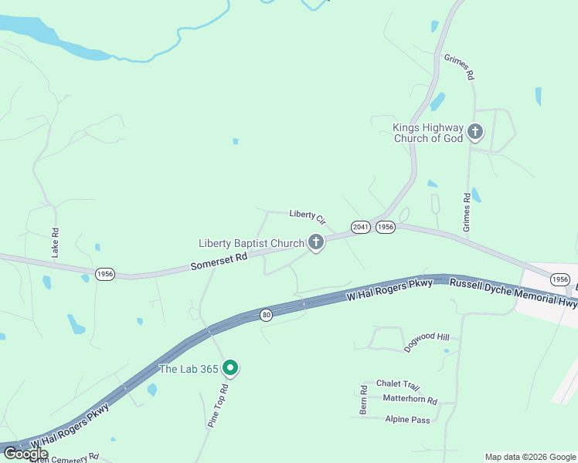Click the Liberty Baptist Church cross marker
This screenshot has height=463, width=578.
coord(315,242)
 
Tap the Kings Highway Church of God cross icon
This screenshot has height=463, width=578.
coord(474,132)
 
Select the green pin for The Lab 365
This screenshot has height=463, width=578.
coord(229,368)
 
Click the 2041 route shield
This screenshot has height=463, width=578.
coord(360,227)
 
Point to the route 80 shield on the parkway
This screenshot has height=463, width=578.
coord(267,315)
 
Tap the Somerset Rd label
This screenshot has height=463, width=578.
coord(219,262)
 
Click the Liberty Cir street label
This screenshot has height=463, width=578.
coord(308,217)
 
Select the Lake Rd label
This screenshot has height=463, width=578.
coord(55,242)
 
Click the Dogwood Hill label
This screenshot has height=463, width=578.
coord(427,343)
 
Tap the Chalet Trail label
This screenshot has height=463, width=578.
coord(397,384)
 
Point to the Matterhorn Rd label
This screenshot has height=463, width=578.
coord(410,400)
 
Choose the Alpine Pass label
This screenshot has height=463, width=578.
coord(407,419)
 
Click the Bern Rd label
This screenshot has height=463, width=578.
coord(362,399)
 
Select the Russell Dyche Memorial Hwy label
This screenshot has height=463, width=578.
coord(513,293)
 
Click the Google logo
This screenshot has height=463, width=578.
coord(25,453)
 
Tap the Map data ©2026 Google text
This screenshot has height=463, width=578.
coord(530,457)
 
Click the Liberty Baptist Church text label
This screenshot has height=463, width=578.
coord(251,243)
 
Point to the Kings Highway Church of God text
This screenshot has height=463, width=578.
coord(428,133)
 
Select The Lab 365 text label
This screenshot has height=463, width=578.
coord(188,369)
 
